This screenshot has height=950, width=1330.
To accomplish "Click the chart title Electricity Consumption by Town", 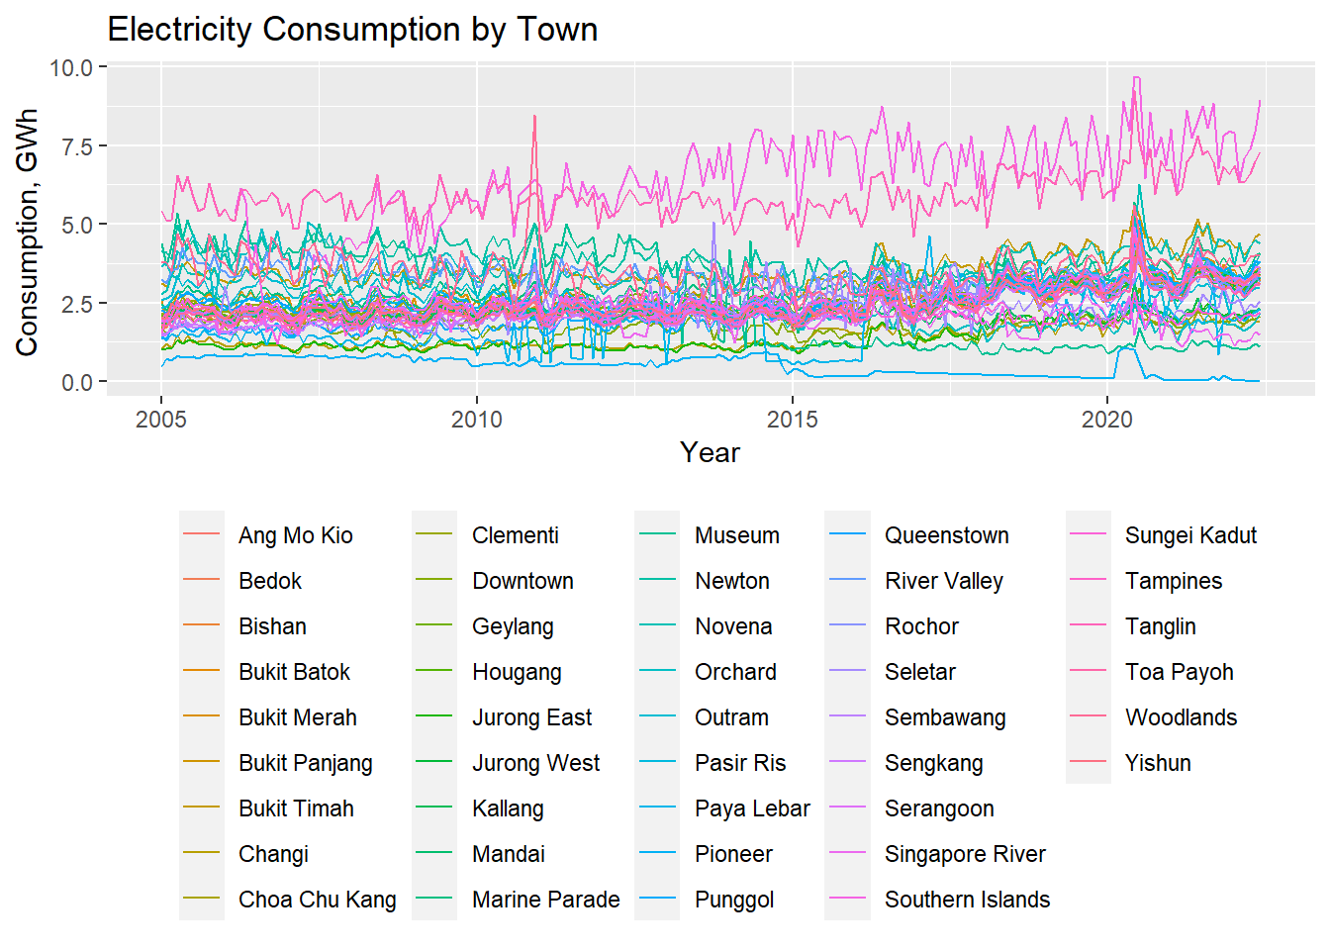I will pos(352,30).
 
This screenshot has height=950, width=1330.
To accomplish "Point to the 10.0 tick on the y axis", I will pos(70,68).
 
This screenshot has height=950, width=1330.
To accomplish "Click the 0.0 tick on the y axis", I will pos(75,383).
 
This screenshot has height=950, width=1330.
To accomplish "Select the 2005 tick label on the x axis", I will pos(161,420).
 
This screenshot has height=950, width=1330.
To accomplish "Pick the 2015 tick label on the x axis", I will pos(792,420).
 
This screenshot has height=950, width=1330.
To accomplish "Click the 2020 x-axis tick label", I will pos(1107,420).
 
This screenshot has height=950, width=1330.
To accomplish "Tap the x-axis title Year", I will pos(710,453).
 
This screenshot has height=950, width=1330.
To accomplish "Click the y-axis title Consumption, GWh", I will pos(27,232).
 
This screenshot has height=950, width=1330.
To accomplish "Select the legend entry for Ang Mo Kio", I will pos(295,535).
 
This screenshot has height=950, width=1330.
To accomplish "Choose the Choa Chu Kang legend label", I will pos(317,900).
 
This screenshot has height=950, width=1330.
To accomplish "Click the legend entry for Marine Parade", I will pos(545,900).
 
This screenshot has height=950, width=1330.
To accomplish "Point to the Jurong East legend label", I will pos(531,717).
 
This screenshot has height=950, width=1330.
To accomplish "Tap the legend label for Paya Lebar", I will pos(752,808).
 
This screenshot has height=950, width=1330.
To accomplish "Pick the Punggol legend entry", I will pos(734,900).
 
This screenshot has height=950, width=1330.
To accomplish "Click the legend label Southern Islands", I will pos(967,900).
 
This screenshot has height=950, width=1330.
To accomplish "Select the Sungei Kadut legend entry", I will pos(1190,535).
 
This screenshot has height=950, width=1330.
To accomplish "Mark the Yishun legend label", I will pos(1158,763).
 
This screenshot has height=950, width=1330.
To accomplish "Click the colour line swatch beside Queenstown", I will pos(847,535).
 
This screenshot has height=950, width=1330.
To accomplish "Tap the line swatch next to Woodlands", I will pos(1089,717).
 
